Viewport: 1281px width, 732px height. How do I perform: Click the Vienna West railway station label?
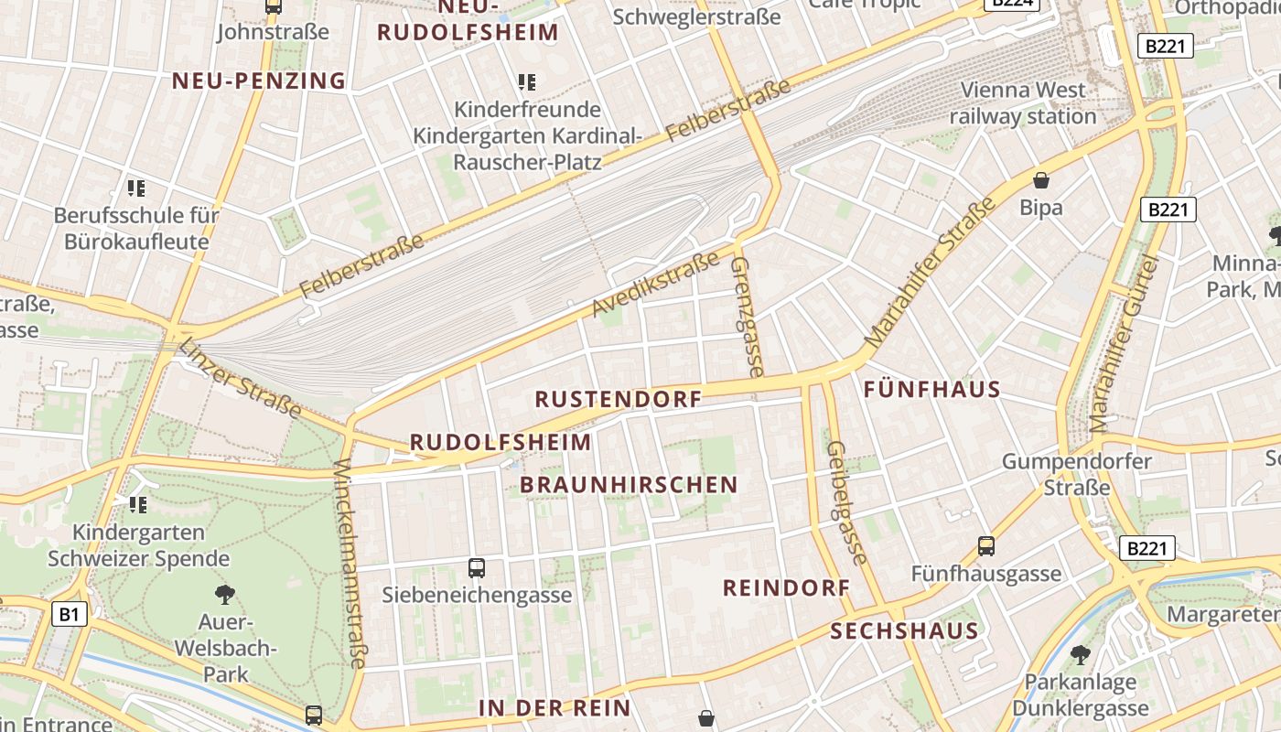1022,103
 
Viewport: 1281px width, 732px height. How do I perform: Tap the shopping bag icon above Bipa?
1040,179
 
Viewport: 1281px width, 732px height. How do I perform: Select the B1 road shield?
70,614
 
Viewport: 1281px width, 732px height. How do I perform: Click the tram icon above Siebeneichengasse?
476,567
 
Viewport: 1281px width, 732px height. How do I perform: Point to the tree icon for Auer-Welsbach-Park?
224,595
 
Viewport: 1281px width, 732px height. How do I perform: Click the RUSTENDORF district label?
619,399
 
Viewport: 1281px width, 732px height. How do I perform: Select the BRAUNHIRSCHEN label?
629,485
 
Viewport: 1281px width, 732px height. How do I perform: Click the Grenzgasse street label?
746,317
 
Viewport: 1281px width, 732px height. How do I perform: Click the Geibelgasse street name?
846,502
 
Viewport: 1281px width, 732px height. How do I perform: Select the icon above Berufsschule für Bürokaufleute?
136,188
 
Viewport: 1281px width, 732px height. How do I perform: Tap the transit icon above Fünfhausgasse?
985,546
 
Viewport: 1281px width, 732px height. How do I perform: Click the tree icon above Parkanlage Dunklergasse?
1080,654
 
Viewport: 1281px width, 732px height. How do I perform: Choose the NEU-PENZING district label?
259,81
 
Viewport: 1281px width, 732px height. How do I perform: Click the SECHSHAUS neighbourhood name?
904,630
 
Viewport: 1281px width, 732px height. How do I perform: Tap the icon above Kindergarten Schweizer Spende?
138,504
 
